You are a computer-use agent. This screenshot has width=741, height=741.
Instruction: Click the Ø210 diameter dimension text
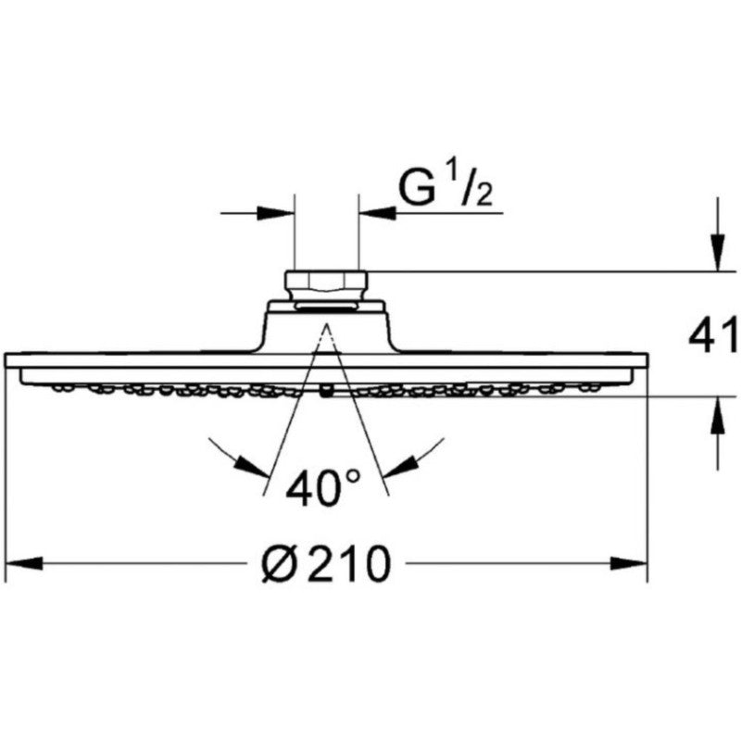pyautogui.click(x=327, y=563)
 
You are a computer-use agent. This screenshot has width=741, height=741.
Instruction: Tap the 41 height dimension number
pyautogui.click(x=712, y=334)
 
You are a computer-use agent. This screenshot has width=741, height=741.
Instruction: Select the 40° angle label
pyautogui.click(x=323, y=487)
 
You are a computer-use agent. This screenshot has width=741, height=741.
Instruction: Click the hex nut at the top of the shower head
pyautogui.click(x=326, y=285)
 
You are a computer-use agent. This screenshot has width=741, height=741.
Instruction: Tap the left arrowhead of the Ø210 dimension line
pyautogui.click(x=24, y=563)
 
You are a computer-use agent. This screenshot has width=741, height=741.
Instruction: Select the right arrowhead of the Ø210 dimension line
pyautogui.click(x=628, y=563)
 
